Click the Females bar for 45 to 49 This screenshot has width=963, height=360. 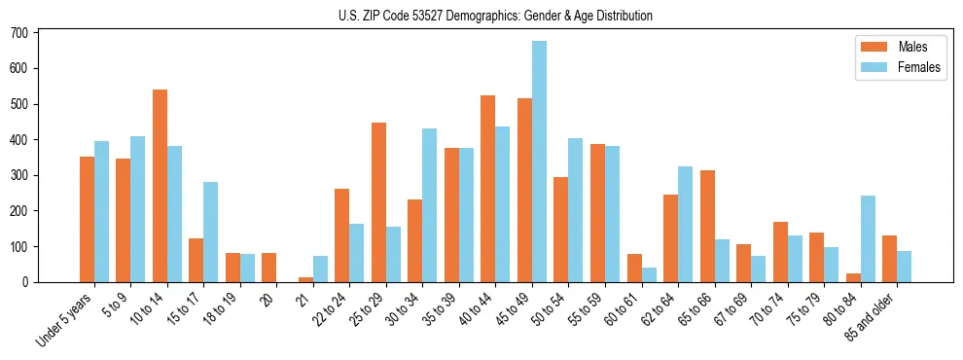coord(539,162)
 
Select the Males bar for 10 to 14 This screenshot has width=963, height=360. coord(160,186)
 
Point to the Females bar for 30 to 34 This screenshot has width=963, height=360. coord(430,205)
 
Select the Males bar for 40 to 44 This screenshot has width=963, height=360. coord(488,189)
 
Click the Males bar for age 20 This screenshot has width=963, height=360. coord(269,268)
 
